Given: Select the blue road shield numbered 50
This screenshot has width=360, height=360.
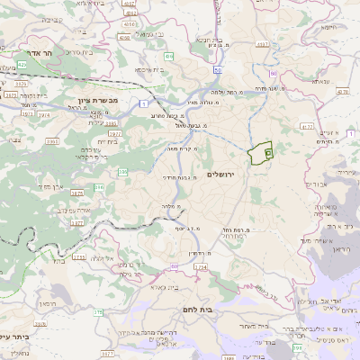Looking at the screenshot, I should (x=218, y=69).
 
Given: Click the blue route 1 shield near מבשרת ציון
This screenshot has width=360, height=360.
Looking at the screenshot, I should (x=144, y=104).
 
